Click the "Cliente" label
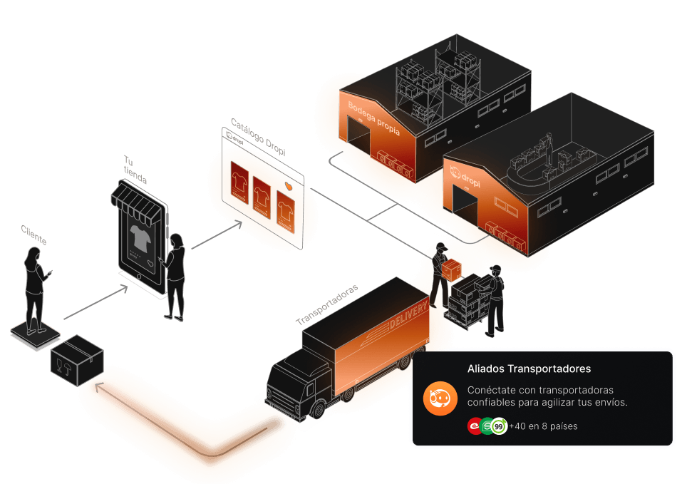34,235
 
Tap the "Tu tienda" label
135,170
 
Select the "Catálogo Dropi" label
259,137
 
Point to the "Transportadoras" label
327,304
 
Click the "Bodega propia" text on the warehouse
373,118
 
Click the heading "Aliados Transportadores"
529,369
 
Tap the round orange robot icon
440,398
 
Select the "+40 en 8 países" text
543,426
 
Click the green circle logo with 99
500,426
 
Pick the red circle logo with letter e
475,426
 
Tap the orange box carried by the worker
452,270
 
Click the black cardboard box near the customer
78,360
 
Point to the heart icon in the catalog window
289,186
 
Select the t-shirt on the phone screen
140,238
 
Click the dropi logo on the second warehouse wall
465,176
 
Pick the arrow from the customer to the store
95,302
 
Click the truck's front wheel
319,409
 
